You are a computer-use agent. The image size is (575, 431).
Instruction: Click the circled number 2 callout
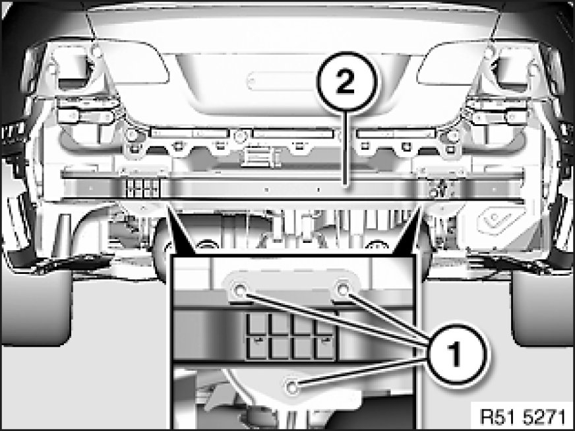click(346, 81)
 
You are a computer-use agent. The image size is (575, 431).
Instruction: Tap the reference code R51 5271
click(523, 417)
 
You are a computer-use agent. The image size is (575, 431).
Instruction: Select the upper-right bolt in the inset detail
click(344, 290)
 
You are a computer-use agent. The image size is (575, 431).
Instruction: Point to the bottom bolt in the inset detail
click(292, 387)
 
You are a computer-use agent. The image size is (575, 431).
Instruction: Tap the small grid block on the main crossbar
click(143, 188)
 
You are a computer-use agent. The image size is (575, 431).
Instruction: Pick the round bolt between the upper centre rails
click(240, 137)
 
